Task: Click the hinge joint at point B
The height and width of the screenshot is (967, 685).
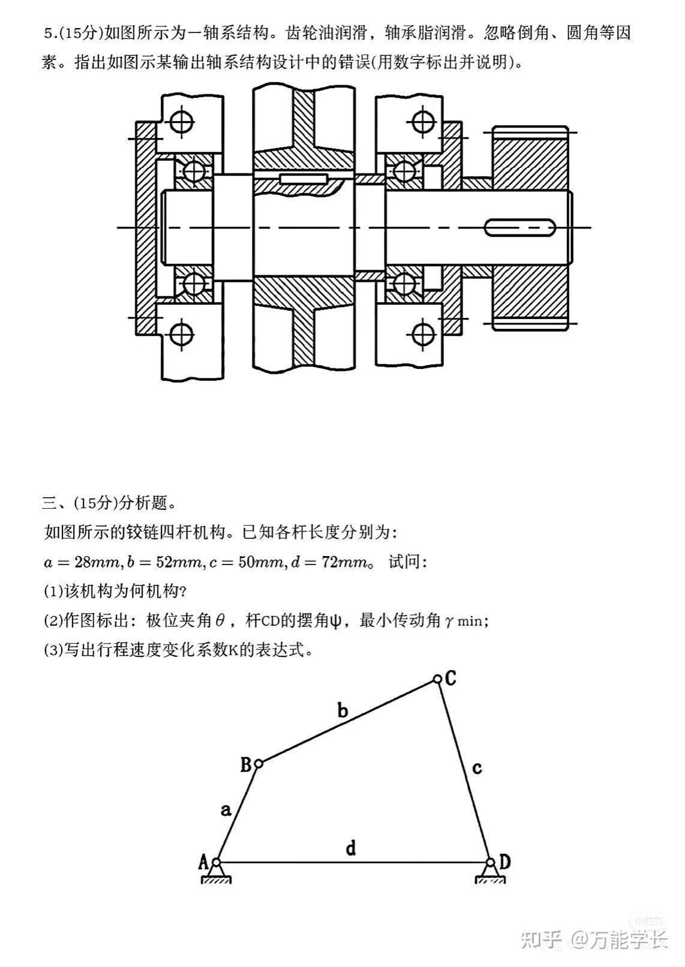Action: pyautogui.click(x=259, y=764)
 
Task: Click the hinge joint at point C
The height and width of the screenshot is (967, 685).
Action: pyautogui.click(x=437, y=680)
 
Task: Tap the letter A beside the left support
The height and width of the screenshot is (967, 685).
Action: pyautogui.click(x=203, y=862)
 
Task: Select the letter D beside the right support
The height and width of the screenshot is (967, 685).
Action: pyautogui.click(x=505, y=862)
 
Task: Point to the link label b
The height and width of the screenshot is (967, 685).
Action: pyautogui.click(x=342, y=711)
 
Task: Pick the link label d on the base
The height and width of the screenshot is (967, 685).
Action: pyautogui.click(x=351, y=848)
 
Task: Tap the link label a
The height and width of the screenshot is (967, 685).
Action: pyautogui.click(x=226, y=810)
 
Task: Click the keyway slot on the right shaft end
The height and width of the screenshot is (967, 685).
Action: pyautogui.click(x=520, y=227)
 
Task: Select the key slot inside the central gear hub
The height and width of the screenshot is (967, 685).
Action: pyautogui.click(x=304, y=179)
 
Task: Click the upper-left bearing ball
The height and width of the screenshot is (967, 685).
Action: pyautogui.click(x=194, y=171)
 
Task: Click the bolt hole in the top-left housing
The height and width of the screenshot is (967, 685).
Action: pyautogui.click(x=181, y=122)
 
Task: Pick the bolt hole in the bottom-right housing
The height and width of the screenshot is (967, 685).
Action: pyautogui.click(x=423, y=334)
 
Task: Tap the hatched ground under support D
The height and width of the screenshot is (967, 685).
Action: pyautogui.click(x=490, y=879)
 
